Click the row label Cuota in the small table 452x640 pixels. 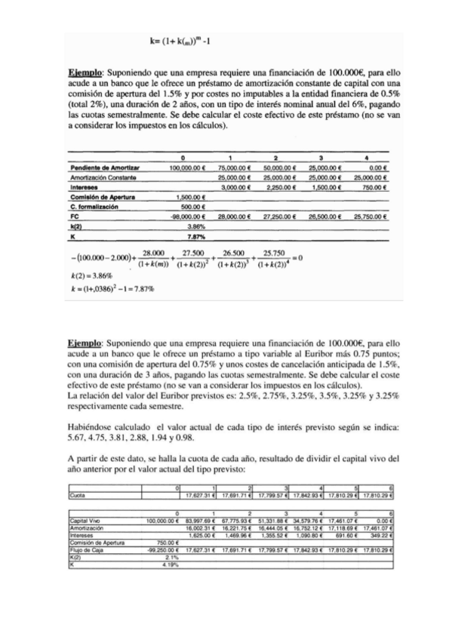pos(76,496)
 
